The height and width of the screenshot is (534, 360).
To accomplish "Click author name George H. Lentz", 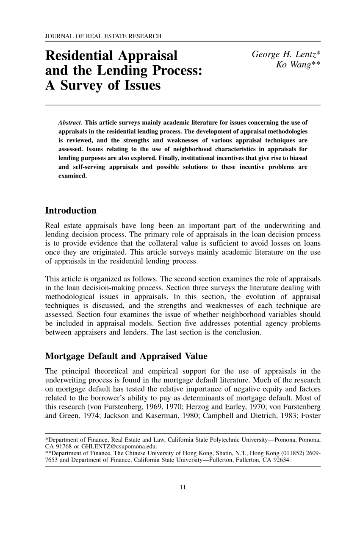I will click(x=286, y=55).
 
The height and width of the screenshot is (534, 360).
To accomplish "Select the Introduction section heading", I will click(x=71, y=211).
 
